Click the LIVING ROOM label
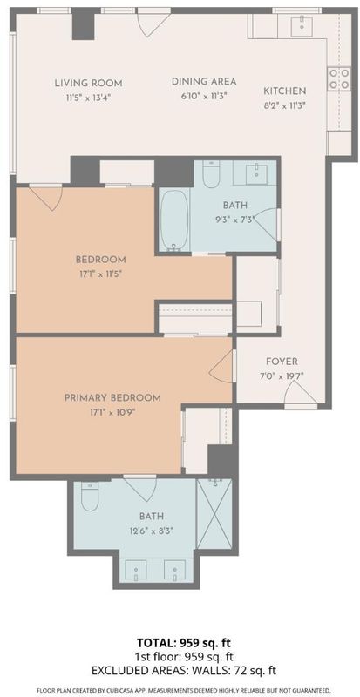pyautogui.click(x=88, y=83)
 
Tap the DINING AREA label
pyautogui.click(x=204, y=81)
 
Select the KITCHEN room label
pyautogui.click(x=285, y=91)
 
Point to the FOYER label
pyautogui.click(x=282, y=362)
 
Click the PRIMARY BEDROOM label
pyautogui.click(x=112, y=397)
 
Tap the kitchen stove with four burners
pyautogui.click(x=338, y=79)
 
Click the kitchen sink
pyautogui.click(x=302, y=26)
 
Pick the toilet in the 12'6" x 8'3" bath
pyautogui.click(x=90, y=496)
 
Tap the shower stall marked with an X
pyautogui.click(x=214, y=514)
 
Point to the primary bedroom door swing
pyautogui.click(x=221, y=365)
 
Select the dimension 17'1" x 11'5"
pyautogui.click(x=100, y=274)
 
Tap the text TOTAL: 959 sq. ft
pyautogui.click(x=184, y=643)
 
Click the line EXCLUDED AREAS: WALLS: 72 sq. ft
pyautogui.click(x=184, y=670)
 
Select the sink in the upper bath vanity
pyautogui.click(x=256, y=173)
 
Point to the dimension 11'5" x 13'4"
pyautogui.click(x=88, y=98)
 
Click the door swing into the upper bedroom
pyautogui.click(x=46, y=197)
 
